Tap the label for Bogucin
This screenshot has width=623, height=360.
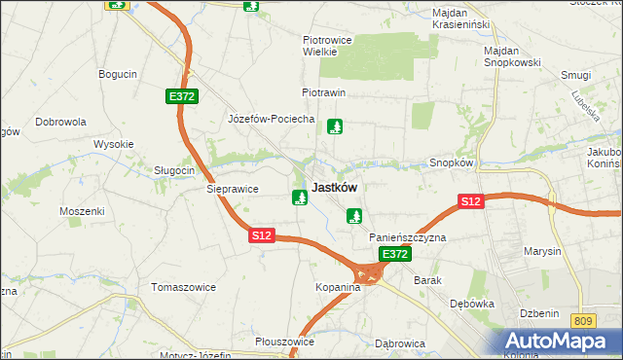pos(118,73)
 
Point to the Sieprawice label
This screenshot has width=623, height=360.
pos(230,190)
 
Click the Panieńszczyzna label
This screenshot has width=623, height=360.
pos(407,237)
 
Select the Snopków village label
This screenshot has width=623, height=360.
pos(451,162)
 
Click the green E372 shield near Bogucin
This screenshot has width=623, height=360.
pos(181,96)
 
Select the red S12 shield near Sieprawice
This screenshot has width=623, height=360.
pos(261,235)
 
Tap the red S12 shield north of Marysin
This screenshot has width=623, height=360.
pos(471,201)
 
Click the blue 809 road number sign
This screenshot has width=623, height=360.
pos(583,320)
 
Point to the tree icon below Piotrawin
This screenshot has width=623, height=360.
pos(335,126)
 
